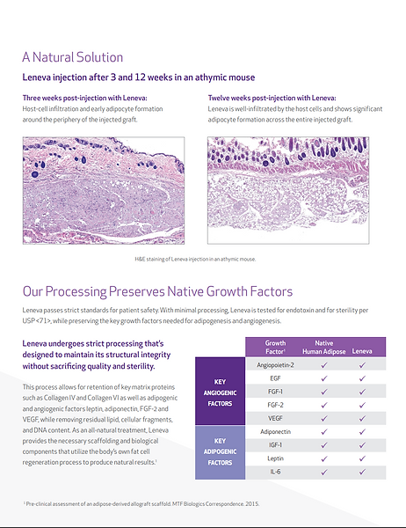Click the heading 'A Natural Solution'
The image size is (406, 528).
[x=73, y=57]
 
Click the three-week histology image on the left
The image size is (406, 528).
[x=102, y=191]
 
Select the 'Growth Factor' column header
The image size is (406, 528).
[x=275, y=347]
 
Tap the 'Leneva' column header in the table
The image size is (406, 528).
[x=362, y=352]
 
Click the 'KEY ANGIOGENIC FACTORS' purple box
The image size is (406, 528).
[x=219, y=392]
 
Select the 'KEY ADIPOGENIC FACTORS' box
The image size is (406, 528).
[x=219, y=453]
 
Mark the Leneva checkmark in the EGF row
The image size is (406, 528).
[x=362, y=378]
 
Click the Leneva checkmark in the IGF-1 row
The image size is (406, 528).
[x=362, y=446]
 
